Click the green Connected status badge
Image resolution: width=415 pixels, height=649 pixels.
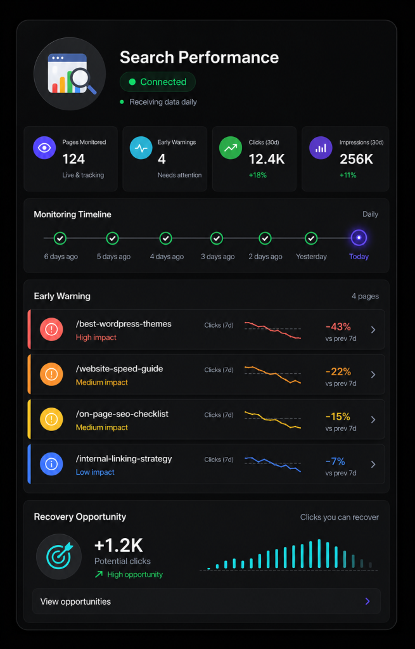[158, 82]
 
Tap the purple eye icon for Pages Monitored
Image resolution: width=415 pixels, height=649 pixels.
[44, 148]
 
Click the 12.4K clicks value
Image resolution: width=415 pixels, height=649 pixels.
[267, 159]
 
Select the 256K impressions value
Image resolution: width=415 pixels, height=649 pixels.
[356, 159]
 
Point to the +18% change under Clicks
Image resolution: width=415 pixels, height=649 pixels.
[257, 175]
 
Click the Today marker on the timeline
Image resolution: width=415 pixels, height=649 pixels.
[359, 238]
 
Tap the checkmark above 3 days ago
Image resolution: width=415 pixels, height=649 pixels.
[217, 238]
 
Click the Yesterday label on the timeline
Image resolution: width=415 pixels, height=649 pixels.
[311, 257]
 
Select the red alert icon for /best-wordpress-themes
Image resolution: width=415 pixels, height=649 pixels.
[51, 330]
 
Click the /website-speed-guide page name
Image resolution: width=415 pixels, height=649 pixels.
[119, 369]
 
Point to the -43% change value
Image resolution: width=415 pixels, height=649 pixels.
[338, 326]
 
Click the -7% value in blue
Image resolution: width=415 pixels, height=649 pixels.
[335, 461]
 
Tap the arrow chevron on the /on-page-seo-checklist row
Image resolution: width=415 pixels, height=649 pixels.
[373, 420]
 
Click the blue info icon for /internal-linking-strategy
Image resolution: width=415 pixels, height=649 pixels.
[51, 464]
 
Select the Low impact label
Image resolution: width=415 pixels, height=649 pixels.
[95, 472]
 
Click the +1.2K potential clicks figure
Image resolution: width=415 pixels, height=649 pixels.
[118, 546]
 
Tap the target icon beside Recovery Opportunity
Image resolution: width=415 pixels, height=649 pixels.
[59, 556]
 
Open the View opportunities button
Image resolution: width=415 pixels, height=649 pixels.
[207, 601]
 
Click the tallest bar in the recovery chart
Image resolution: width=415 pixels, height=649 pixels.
[319, 554]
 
